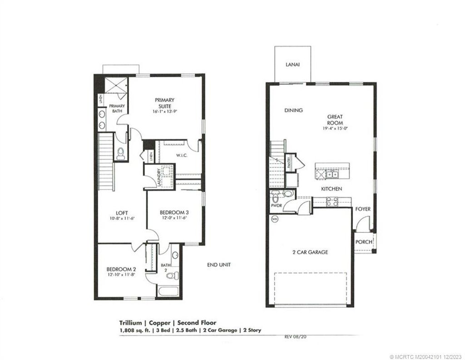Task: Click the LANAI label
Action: (292, 65)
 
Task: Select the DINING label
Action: (293, 110)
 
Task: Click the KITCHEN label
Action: (331, 189)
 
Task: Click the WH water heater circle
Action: (274, 219)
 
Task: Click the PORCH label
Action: (363, 242)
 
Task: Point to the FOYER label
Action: (363, 209)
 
